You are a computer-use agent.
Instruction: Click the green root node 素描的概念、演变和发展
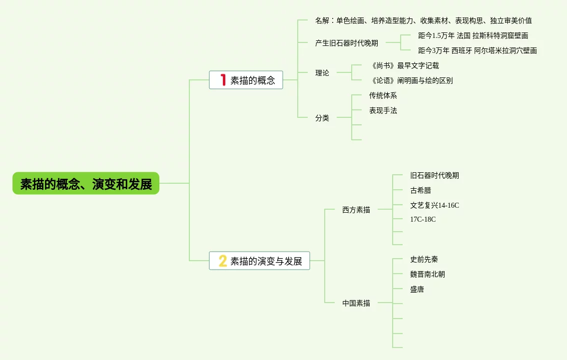click(86, 183)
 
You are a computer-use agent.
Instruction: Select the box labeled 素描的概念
click(246, 80)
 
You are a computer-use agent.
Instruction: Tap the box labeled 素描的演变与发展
click(259, 261)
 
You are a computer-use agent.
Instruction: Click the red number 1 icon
click(223, 80)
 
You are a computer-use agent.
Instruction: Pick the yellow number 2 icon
click(223, 261)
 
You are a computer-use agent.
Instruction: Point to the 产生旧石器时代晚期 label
click(347, 43)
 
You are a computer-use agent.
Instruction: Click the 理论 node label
click(322, 73)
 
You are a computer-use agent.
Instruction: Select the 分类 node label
click(322, 118)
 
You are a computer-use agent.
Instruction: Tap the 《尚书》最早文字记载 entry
click(404, 65)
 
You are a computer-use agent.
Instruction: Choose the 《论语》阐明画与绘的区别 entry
click(411, 80)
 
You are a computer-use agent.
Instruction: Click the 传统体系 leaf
click(383, 95)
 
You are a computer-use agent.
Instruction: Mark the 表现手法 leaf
click(383, 110)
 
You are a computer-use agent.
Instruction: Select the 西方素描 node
click(356, 210)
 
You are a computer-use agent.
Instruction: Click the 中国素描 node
click(356, 303)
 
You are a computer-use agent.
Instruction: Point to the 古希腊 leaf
click(421, 190)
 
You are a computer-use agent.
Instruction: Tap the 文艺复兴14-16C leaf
click(435, 205)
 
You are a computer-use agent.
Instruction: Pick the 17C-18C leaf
click(423, 219)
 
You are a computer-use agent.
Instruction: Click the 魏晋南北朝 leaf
click(428, 274)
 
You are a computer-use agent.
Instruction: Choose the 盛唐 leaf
click(417, 289)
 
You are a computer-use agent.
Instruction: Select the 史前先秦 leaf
click(424, 259)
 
